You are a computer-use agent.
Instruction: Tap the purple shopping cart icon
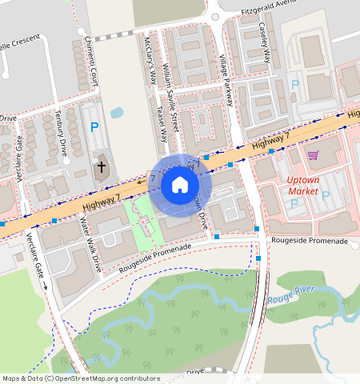[x=314, y=155]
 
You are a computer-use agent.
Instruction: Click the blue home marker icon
[x=180, y=186]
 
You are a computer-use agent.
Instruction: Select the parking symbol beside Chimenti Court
[x=95, y=126]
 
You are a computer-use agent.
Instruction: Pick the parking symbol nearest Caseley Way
[x=294, y=85]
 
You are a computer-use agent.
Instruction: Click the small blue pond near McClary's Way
[x=117, y=113]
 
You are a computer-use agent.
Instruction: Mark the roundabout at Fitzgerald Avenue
[x=213, y=14]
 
